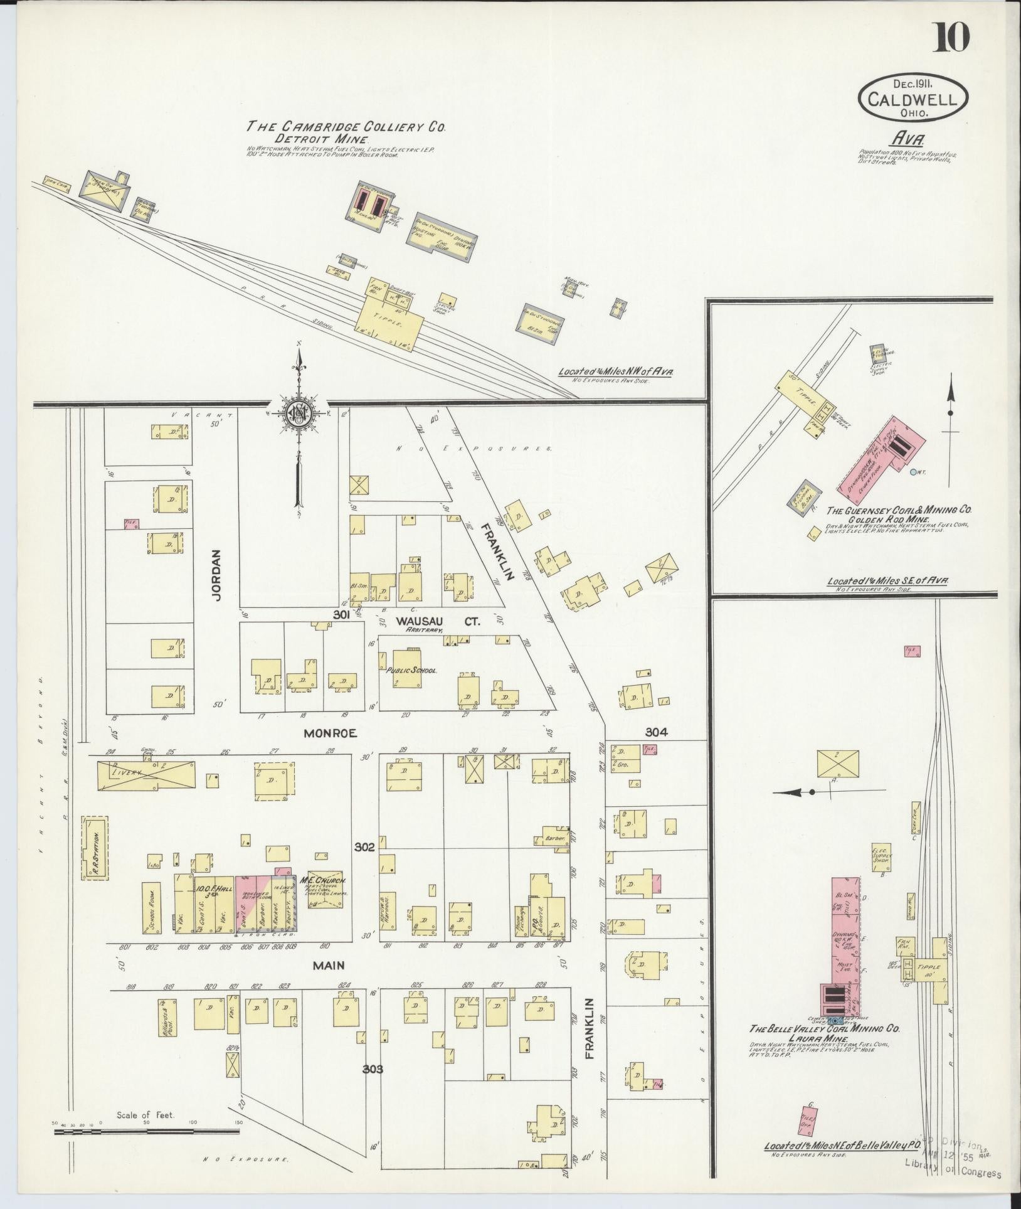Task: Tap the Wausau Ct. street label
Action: (x=437, y=622)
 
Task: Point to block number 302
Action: (x=364, y=846)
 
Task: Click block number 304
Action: (x=656, y=732)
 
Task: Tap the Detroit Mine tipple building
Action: (x=390, y=317)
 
